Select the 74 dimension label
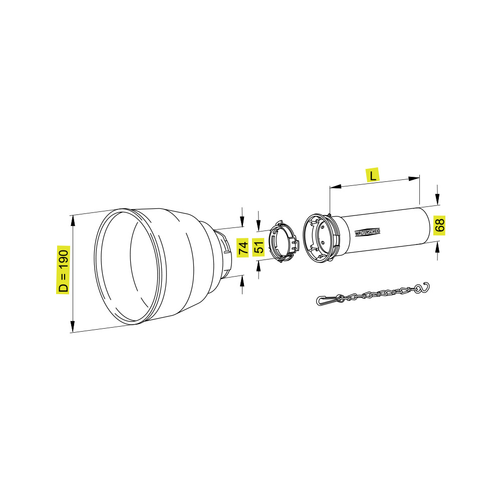pyautogui.click(x=243, y=247)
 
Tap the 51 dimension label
pyautogui.click(x=259, y=246)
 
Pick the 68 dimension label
pyautogui.click(x=439, y=225)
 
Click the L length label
pyautogui.click(x=373, y=175)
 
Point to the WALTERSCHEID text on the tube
pyautogui.click(x=367, y=232)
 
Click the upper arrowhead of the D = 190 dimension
pyautogui.click(x=73, y=221)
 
